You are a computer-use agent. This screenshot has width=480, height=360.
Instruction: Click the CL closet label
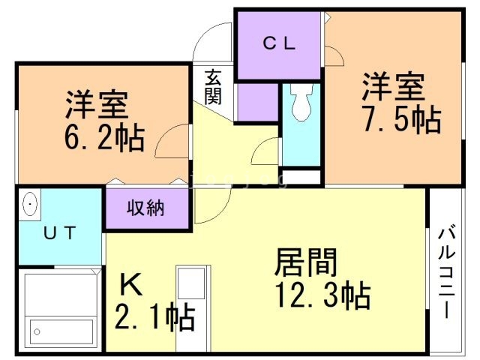[279, 44]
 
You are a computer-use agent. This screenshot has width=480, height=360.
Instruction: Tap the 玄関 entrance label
[213, 88]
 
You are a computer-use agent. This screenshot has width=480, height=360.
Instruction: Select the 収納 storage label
[145, 208]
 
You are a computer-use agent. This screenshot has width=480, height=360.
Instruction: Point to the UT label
[60, 233]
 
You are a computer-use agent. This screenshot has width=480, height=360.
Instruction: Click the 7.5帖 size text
[403, 120]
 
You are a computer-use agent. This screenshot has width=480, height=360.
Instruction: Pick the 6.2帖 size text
[104, 137]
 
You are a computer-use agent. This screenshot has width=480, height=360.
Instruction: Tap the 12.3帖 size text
[323, 295]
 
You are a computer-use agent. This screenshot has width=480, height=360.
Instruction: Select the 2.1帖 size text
[155, 316]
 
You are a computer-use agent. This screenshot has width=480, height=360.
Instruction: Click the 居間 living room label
[305, 262]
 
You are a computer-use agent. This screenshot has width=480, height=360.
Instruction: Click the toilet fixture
[301, 102]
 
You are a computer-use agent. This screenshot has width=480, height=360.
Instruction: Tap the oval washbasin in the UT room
[30, 204]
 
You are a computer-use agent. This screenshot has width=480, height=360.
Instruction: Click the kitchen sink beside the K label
[191, 283]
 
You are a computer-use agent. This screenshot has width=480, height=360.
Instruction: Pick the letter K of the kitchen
[131, 284]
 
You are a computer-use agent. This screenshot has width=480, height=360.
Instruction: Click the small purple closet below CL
[258, 102]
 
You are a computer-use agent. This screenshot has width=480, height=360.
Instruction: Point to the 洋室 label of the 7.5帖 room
[393, 87]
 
